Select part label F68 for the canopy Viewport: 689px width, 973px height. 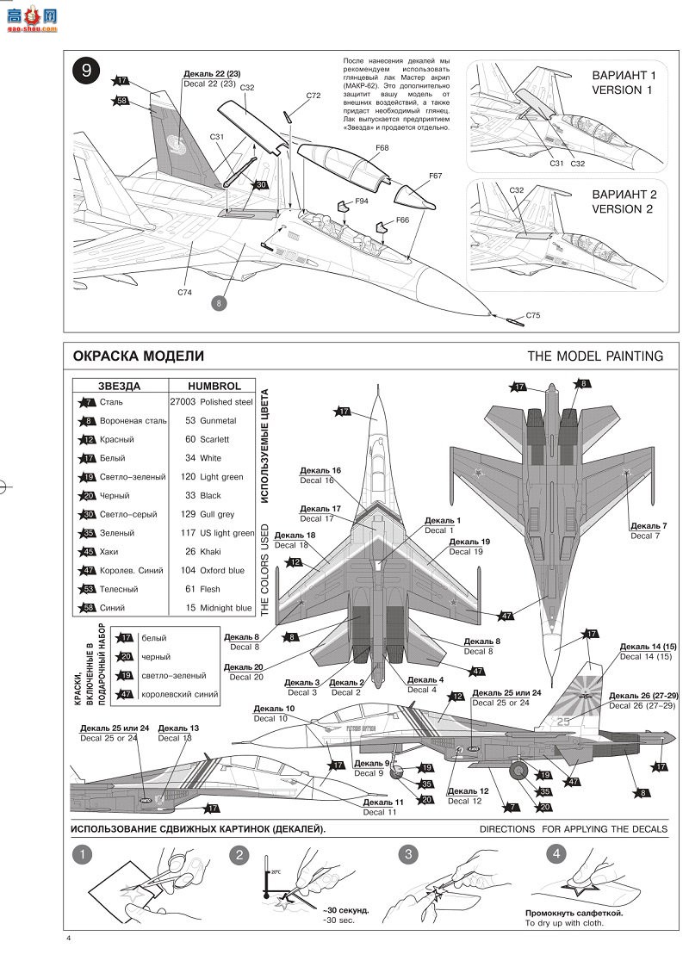coord(382,148)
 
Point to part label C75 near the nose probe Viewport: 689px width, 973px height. coord(533,316)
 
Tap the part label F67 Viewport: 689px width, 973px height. coord(435,176)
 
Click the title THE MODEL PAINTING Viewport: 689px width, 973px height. coord(595,356)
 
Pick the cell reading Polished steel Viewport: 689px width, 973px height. coord(227,401)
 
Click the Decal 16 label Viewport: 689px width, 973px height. coord(320,475)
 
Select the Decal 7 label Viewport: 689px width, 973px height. coord(648,530)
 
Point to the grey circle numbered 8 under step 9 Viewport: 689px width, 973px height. coord(220,303)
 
